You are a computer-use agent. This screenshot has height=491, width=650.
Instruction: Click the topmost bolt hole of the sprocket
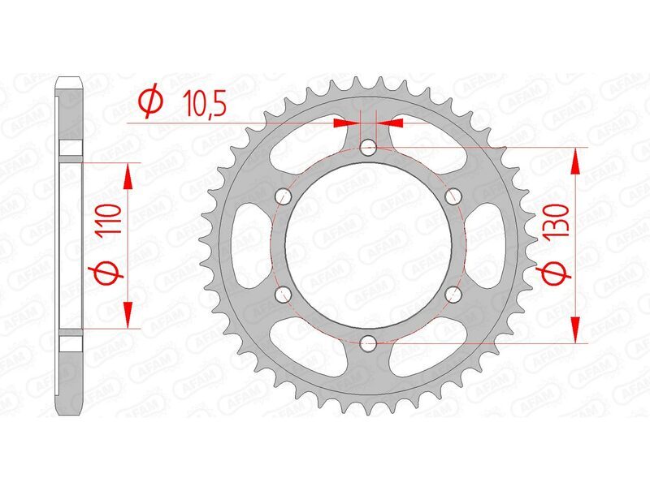[368, 147]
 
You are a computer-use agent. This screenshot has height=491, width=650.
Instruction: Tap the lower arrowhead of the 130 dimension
[576, 329]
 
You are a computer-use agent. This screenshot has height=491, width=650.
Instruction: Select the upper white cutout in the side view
[71, 149]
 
